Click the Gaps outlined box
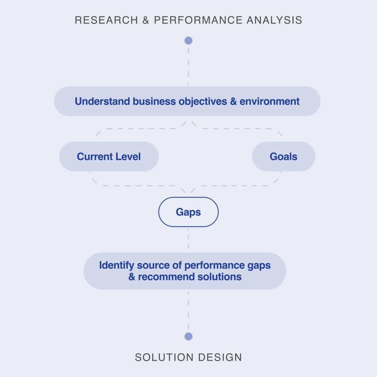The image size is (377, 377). [188, 212]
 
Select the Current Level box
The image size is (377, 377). [109, 156]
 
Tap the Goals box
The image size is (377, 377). [284, 156]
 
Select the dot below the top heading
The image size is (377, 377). [188, 41]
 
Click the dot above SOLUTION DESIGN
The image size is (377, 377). [188, 336]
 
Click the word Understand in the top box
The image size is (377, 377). [102, 101]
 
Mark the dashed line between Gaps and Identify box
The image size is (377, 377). [188, 239]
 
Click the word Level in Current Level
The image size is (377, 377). [129, 156]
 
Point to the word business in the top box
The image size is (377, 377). [154, 101]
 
